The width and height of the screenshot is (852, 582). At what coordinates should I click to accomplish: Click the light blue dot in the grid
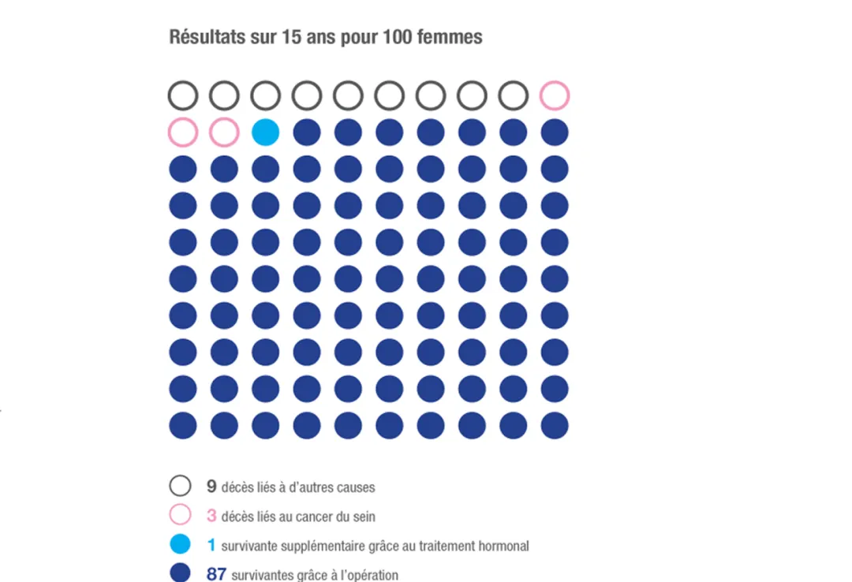click(265, 132)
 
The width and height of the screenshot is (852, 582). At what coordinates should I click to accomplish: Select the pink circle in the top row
click(555, 95)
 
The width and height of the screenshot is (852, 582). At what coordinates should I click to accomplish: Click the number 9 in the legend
click(211, 487)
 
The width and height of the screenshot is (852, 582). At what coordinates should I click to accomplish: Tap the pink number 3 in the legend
click(211, 517)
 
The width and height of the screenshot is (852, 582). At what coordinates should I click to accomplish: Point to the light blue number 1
click(211, 546)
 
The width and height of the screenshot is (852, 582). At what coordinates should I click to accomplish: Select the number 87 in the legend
click(216, 574)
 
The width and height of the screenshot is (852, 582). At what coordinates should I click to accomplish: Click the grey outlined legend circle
click(181, 486)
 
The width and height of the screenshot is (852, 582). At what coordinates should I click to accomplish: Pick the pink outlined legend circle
click(181, 516)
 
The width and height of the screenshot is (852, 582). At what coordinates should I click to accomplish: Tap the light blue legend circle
click(181, 544)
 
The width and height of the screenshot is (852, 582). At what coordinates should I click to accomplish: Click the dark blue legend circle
click(181, 573)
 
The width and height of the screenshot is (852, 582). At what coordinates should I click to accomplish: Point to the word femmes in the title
click(451, 37)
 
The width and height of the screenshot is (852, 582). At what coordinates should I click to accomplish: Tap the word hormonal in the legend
click(505, 546)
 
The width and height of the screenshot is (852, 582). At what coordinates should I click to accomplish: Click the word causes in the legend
click(355, 487)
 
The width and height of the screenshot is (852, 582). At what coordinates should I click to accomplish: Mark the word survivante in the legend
click(248, 546)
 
